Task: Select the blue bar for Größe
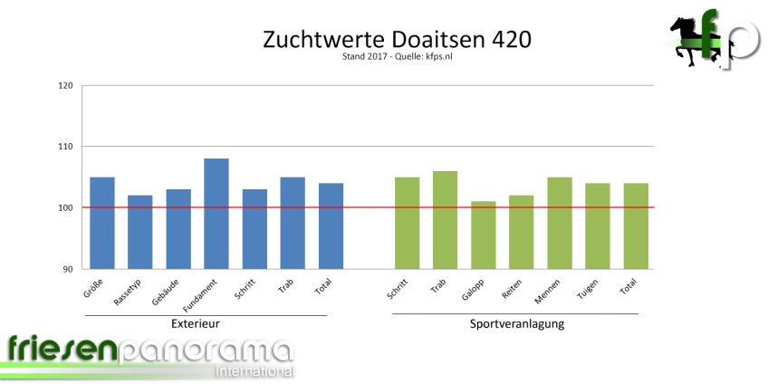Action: coord(101,223)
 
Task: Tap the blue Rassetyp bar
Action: coord(139,232)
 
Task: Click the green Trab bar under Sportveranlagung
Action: coord(445,220)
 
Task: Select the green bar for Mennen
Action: coord(560,223)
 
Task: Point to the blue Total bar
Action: coord(331,226)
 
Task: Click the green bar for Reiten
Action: coord(521,232)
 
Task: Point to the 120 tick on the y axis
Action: coord(64,86)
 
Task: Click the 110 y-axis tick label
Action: coord(64,147)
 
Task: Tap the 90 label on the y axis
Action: coord(67,269)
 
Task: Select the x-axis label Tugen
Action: coord(589,289)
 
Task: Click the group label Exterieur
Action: coord(196,323)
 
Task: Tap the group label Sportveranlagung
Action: coord(517,323)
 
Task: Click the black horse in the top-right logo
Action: coord(688,41)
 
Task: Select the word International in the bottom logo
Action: coord(254,371)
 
